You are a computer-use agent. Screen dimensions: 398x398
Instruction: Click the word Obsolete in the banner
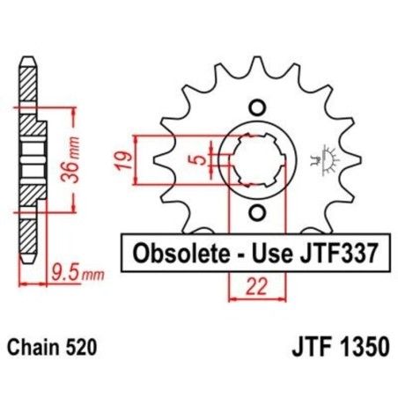175,254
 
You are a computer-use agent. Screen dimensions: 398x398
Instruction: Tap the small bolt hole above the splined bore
256,107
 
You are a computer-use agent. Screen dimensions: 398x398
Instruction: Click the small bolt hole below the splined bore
256,214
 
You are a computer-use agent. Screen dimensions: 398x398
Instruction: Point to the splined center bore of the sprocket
256,161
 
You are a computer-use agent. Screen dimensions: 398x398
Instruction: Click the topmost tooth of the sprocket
256,58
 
